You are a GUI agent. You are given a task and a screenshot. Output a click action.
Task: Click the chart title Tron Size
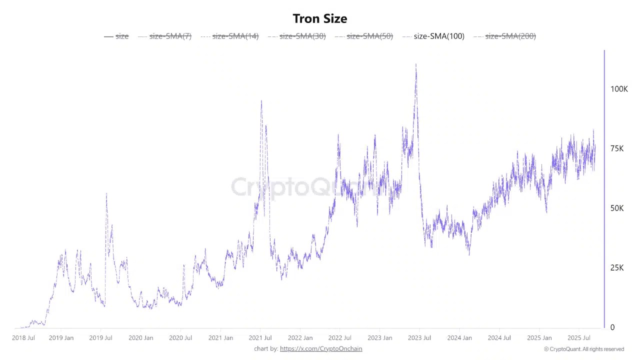click(x=320, y=18)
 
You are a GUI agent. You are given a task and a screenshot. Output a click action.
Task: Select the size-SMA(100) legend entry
click(x=438, y=36)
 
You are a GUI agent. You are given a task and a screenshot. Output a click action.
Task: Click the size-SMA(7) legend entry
click(x=170, y=36)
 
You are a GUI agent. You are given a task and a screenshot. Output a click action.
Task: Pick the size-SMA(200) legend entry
click(x=510, y=36)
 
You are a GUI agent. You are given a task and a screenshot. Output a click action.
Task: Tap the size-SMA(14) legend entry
click(x=235, y=36)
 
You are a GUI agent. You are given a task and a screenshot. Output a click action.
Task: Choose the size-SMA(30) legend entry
click(x=302, y=36)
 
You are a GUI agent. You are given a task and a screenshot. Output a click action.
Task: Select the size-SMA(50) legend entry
click(x=369, y=36)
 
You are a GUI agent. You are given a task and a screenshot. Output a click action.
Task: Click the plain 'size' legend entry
click(x=121, y=36)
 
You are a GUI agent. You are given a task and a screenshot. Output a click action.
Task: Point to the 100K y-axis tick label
click(x=619, y=89)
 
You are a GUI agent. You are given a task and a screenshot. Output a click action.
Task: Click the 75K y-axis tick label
click(x=617, y=148)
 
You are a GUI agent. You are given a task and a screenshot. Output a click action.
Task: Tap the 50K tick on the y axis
click(x=617, y=208)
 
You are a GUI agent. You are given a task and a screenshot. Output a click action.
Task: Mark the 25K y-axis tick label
click(x=617, y=268)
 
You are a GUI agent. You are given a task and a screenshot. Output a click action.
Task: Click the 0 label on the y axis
click(x=612, y=327)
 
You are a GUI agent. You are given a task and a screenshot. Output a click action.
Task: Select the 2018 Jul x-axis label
click(x=23, y=338)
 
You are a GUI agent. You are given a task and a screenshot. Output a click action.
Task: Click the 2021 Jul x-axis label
click(x=260, y=338)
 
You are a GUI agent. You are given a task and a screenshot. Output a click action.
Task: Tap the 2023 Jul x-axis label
click(x=419, y=338)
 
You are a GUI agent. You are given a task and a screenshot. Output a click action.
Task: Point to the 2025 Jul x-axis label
click(x=579, y=338)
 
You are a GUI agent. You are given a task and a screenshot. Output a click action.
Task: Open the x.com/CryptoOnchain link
click(x=321, y=348)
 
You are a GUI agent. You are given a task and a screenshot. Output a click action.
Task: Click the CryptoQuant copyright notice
click(x=584, y=349)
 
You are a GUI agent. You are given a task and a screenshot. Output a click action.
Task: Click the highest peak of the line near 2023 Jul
click(x=416, y=64)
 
